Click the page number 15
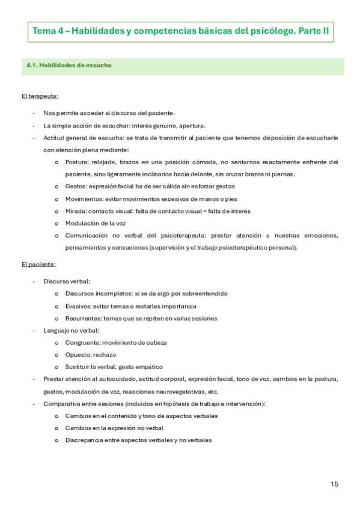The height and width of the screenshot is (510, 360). (335, 484)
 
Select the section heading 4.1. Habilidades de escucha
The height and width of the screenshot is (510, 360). (69, 66)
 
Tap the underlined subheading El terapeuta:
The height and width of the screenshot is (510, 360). (40, 96)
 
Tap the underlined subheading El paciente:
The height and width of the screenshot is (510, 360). (38, 264)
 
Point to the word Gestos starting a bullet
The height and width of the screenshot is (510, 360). (75, 187)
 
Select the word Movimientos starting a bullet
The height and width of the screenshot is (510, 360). (83, 199)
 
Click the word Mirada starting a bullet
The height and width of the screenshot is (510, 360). (75, 211)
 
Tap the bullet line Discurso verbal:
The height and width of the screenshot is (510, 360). (67, 281)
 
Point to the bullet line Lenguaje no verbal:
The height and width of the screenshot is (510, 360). (72, 330)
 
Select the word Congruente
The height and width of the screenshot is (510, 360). (83, 342)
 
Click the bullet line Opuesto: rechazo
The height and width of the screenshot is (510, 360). (88, 354)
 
